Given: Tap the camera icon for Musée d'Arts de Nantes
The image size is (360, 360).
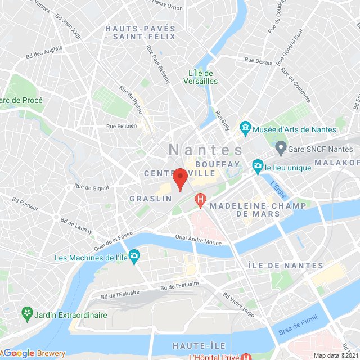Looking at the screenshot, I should tap(246, 129).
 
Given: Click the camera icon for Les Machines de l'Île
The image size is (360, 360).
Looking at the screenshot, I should tap(134, 258).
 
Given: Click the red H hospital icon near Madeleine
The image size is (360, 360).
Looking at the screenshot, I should tap(200, 199).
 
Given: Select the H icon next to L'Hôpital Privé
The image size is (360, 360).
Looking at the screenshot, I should tap(245, 357).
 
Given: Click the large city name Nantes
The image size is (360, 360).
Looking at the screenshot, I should tap(206, 150).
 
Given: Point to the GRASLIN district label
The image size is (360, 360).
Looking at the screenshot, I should tap(150, 199).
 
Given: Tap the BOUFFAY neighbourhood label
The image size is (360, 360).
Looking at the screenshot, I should tap(218, 164).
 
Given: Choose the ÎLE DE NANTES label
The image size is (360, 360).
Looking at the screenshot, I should tap(286, 265).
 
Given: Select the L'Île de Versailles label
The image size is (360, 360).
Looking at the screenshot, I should tap(200, 77).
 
